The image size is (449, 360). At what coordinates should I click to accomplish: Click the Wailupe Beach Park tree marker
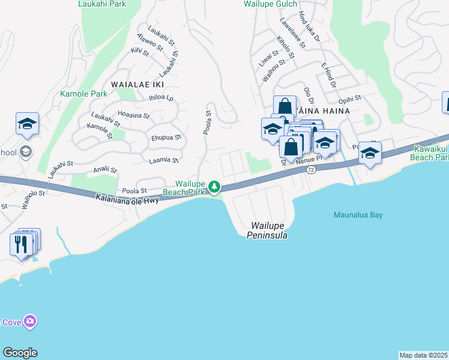coord(214,188)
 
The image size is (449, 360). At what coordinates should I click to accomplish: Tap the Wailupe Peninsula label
coord(267,230)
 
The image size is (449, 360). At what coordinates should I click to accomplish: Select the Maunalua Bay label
coord(358,215)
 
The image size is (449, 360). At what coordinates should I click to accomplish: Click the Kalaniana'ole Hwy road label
coord(127,197)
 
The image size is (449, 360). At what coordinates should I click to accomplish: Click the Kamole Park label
coord(83,94)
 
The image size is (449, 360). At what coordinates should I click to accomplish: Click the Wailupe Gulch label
coord(270,4)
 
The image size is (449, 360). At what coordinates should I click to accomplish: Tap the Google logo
coord(20,353)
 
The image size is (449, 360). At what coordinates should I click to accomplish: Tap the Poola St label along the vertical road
coord(208,122)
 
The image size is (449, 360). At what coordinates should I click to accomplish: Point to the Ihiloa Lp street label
coord(161,97)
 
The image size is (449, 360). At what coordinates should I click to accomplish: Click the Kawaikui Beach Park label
coord(429,152)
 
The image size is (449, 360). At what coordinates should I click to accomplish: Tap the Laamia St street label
coord(164,161)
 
